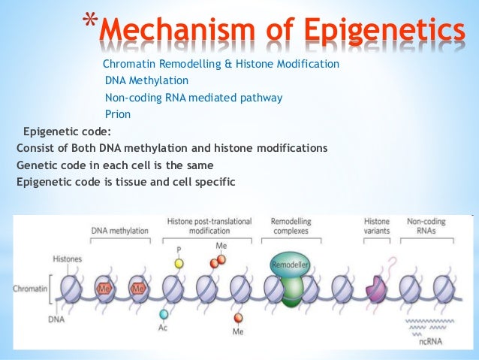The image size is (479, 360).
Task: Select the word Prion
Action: click(118, 114)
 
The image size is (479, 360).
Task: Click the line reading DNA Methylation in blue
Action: click(146, 80)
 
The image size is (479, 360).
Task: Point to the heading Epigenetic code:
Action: click(68, 131)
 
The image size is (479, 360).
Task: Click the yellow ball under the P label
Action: click(179, 264)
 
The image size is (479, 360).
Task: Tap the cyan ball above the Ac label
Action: click(164, 314)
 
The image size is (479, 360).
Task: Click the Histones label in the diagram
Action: click(68, 259)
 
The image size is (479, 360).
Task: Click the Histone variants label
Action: click(377, 227)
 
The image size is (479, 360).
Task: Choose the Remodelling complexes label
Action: click(289, 227)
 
